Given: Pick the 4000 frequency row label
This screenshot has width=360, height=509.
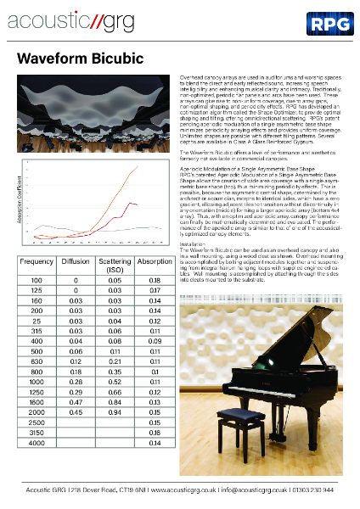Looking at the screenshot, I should (x=36, y=443).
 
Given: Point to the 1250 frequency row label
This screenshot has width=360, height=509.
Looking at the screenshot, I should (x=36, y=393).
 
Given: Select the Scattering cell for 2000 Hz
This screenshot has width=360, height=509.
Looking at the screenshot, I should (x=115, y=412).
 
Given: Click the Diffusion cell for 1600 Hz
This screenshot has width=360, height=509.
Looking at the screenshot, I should (x=76, y=403).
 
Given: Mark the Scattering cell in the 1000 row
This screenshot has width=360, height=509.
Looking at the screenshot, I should (x=115, y=383).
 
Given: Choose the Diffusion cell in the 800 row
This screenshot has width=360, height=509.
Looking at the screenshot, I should (x=76, y=372).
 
